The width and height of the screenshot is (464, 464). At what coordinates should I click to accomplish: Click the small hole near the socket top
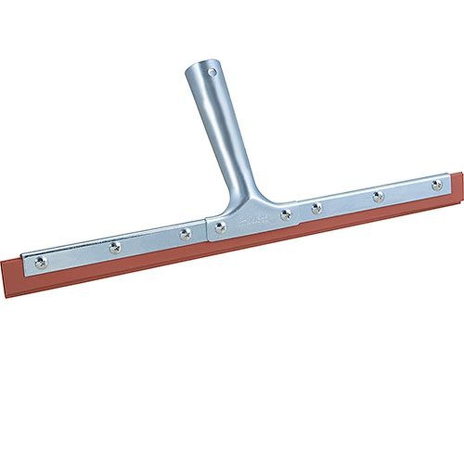[212, 72]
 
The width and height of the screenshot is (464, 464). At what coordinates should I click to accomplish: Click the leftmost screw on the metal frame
[41, 263]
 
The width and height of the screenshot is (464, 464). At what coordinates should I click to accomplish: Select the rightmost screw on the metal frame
[437, 185]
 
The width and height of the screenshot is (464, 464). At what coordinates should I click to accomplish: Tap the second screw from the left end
[115, 248]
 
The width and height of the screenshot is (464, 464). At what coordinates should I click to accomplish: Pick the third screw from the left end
[186, 234]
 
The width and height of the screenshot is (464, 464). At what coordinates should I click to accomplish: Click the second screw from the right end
[378, 196]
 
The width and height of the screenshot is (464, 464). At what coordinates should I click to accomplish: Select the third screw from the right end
[316, 208]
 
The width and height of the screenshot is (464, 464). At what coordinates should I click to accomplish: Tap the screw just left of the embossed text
[220, 227]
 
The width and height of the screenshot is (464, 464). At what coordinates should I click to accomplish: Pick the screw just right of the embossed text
[286, 214]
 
